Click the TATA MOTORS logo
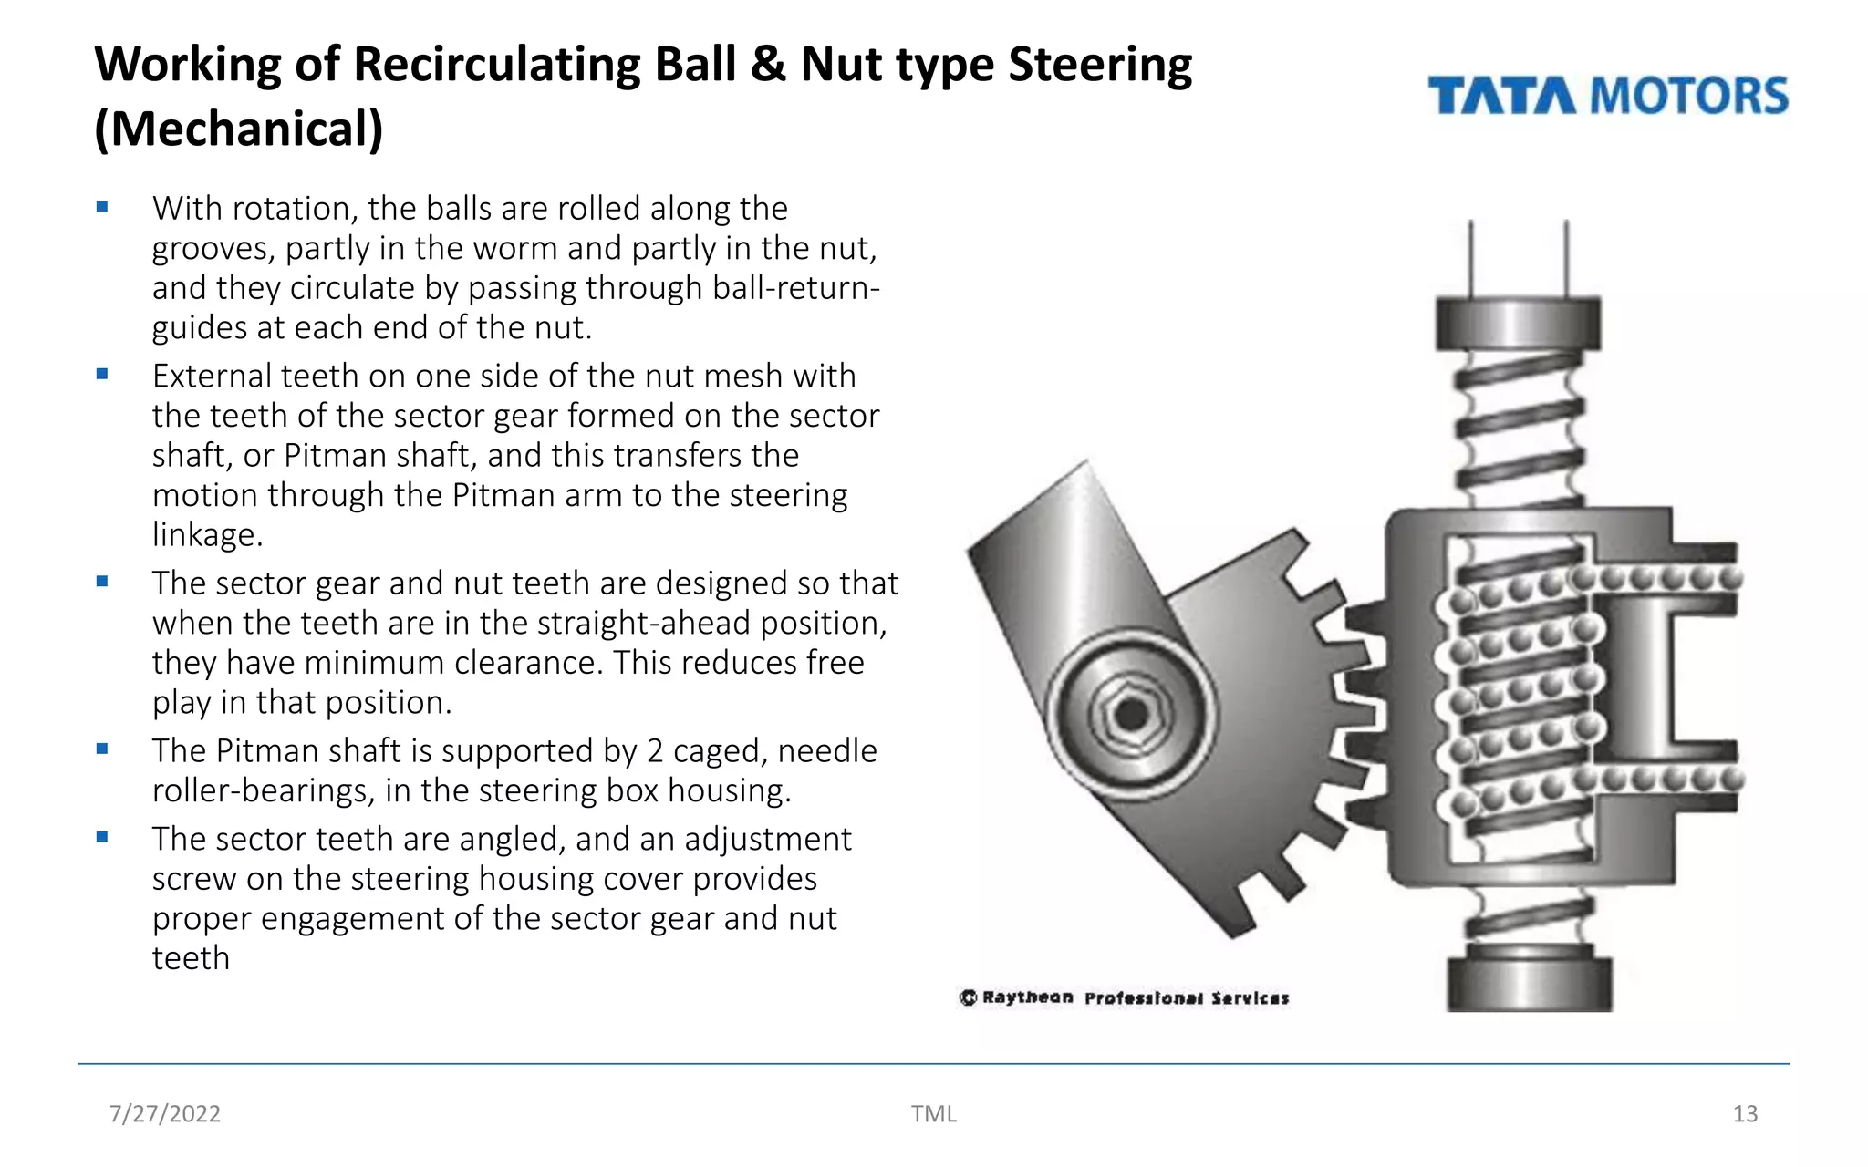tap(1607, 96)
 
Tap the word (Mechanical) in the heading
tap(239, 129)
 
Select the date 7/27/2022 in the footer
tap(165, 1113)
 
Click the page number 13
tap(1744, 1113)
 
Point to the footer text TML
tap(933, 1113)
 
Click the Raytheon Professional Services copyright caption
tap(1124, 997)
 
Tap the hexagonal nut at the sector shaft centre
tap(1132, 713)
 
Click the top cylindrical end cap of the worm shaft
tap(1518, 323)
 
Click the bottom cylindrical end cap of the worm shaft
tap(1529, 983)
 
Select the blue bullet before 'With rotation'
tap(102, 207)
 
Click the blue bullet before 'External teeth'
tap(102, 374)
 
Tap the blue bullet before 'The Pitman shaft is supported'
tap(102, 749)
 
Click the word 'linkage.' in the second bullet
tap(207, 535)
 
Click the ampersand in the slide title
tap(769, 66)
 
